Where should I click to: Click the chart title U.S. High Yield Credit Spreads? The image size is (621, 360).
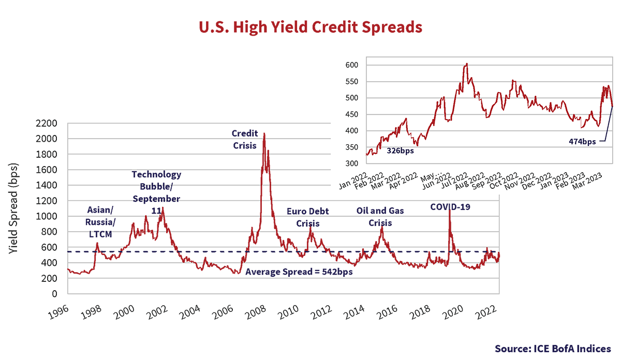coord(310,27)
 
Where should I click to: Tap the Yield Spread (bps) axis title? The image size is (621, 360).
coord(13,207)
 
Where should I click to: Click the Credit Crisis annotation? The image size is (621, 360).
coord(244,139)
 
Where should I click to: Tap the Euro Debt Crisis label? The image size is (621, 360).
coord(308,217)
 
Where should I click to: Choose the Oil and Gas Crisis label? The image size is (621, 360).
coord(380,217)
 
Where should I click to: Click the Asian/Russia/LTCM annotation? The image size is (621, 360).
coord(100,222)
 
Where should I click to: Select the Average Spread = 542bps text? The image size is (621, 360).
coord(299,272)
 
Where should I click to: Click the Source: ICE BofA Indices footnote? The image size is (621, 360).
coord(553,348)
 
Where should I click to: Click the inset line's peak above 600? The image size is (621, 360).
coord(467,64)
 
